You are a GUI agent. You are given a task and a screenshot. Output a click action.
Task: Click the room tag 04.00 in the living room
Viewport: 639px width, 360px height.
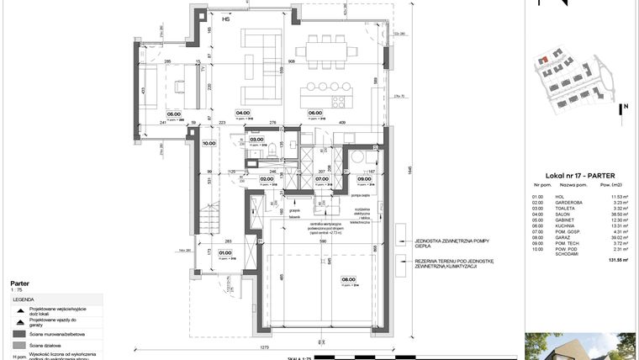[x=243, y=112]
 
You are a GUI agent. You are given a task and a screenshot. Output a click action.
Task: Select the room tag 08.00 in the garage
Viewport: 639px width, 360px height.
[x=348, y=280]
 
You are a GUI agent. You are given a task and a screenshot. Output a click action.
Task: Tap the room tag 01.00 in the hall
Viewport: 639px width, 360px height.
[x=225, y=251]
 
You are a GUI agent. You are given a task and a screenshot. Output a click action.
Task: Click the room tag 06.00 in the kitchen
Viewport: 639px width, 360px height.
[x=315, y=113]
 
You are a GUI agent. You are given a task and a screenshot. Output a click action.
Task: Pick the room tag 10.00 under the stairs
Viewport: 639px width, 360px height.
[x=208, y=143]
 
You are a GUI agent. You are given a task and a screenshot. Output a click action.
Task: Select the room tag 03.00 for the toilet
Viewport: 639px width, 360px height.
[x=256, y=140]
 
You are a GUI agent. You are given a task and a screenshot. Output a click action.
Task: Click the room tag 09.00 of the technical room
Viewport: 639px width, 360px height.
[x=364, y=178]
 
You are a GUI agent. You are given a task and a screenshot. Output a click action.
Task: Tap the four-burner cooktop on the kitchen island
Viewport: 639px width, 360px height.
[x=341, y=102]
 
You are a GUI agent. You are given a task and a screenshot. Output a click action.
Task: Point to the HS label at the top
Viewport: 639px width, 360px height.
[x=224, y=16]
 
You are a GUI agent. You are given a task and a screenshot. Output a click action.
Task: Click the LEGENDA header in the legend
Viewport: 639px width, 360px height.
[x=23, y=298]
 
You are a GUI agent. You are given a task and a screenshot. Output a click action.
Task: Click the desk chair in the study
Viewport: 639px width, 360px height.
[x=178, y=86]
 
